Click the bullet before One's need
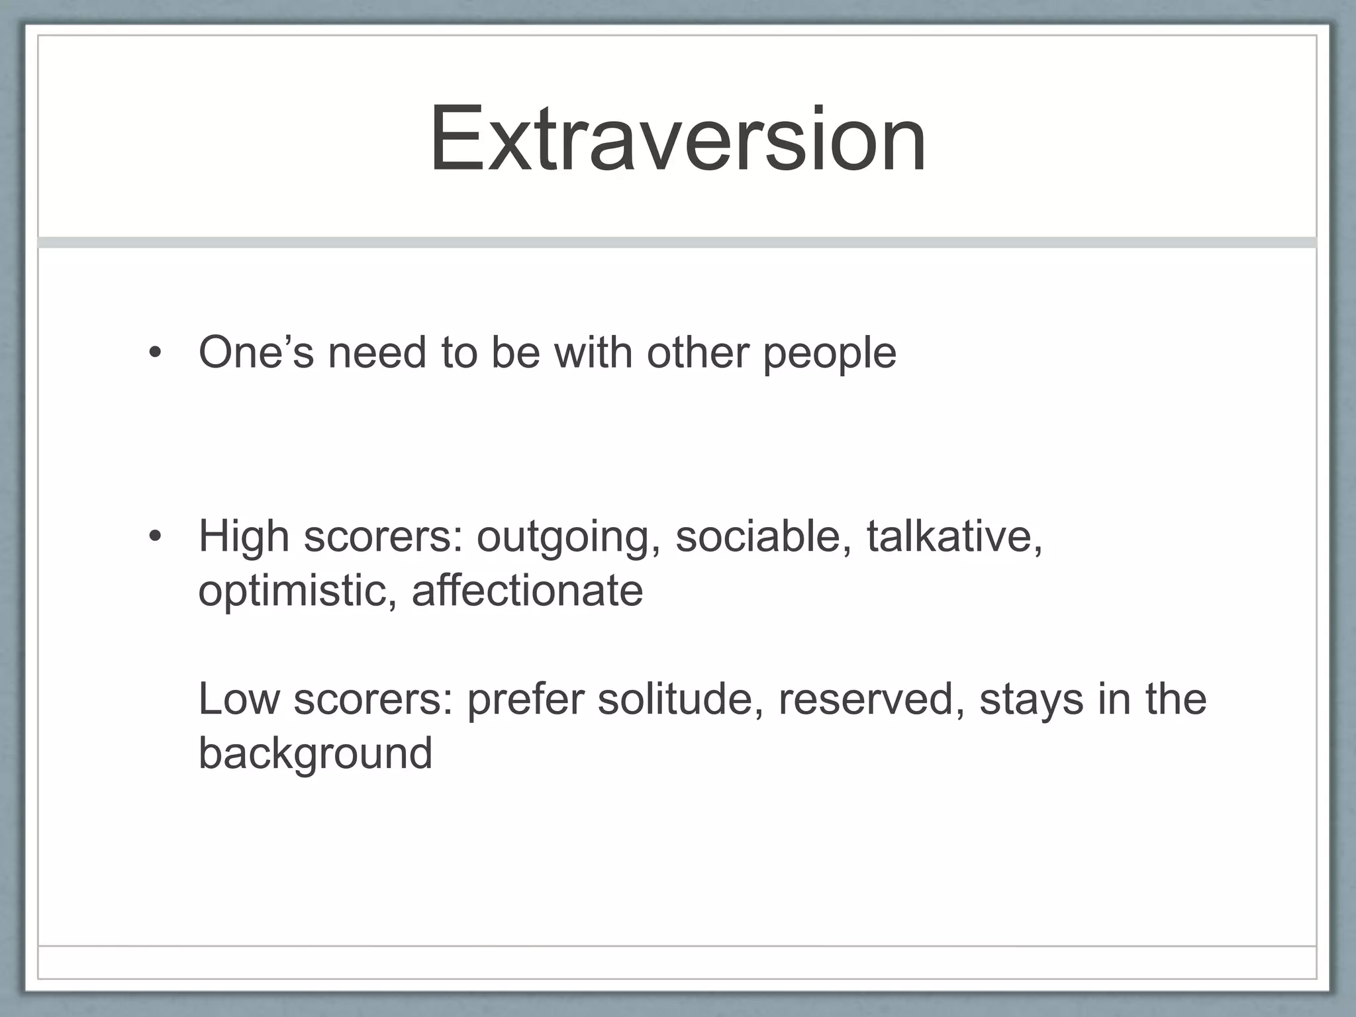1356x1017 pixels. [x=154, y=353]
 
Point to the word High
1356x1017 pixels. [x=244, y=536]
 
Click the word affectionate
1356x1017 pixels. [x=527, y=591]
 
